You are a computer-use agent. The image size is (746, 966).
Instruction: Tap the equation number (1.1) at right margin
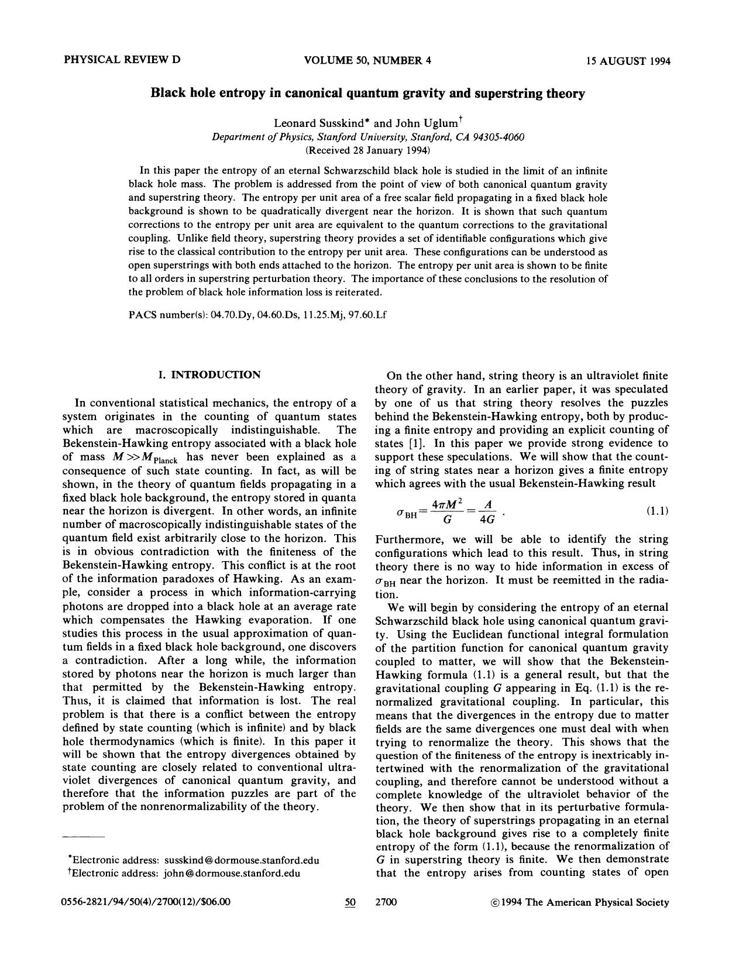coord(657,511)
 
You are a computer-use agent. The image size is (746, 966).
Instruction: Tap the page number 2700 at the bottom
coord(386,902)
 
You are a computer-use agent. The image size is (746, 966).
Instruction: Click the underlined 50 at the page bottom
coord(350,902)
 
